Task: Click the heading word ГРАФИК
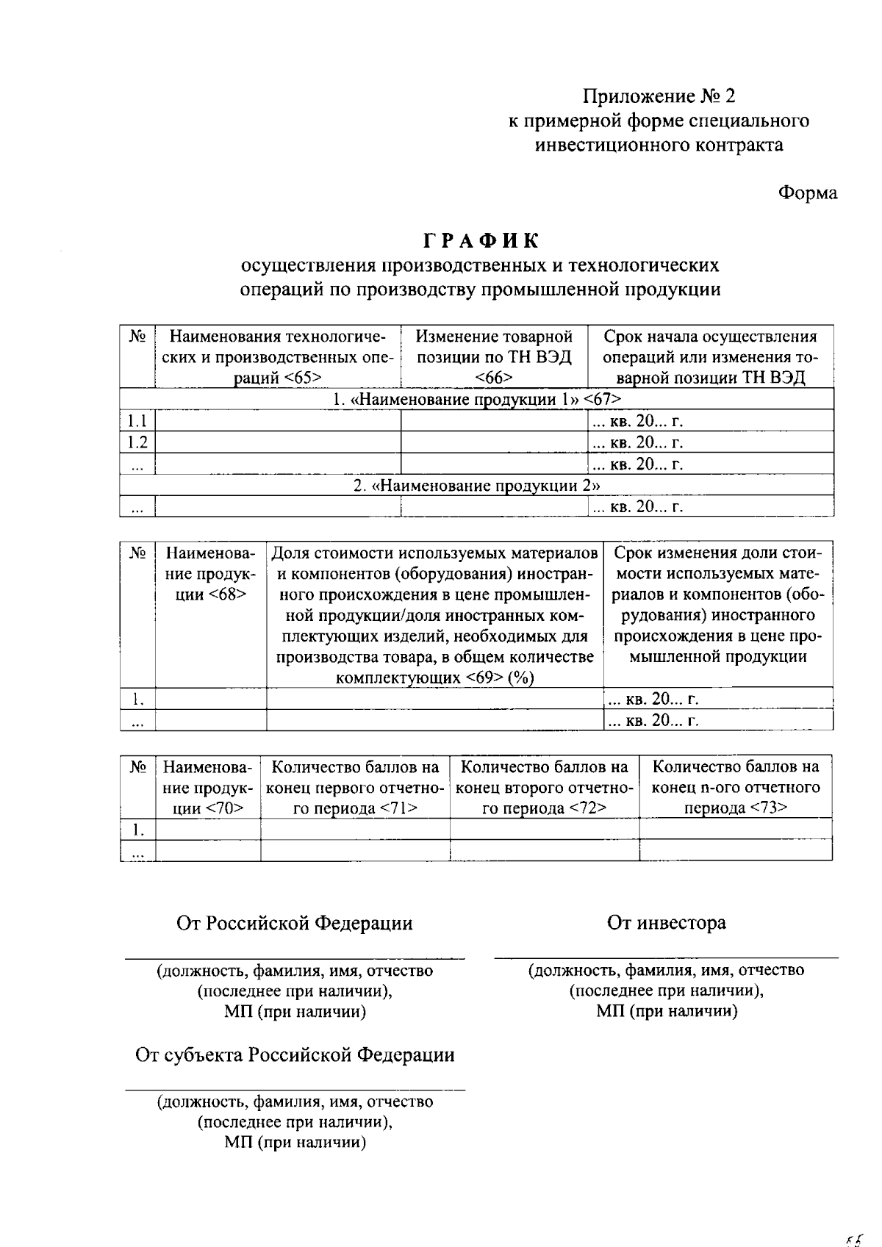[481, 240]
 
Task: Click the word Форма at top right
[808, 193]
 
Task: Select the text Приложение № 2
[659, 96]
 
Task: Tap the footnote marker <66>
[493, 378]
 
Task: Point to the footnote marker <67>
[602, 399]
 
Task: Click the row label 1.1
[137, 420]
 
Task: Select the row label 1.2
[137, 442]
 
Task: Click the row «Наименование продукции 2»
[476, 485]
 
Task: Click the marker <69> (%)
[499, 678]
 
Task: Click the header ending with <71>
[355, 788]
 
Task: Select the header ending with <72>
[544, 788]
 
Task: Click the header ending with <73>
[736, 788]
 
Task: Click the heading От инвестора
[666, 922]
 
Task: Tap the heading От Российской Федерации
[294, 923]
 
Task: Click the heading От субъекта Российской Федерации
[294, 1054]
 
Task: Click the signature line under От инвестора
[666, 957]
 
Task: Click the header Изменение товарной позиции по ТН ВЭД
[494, 347]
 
